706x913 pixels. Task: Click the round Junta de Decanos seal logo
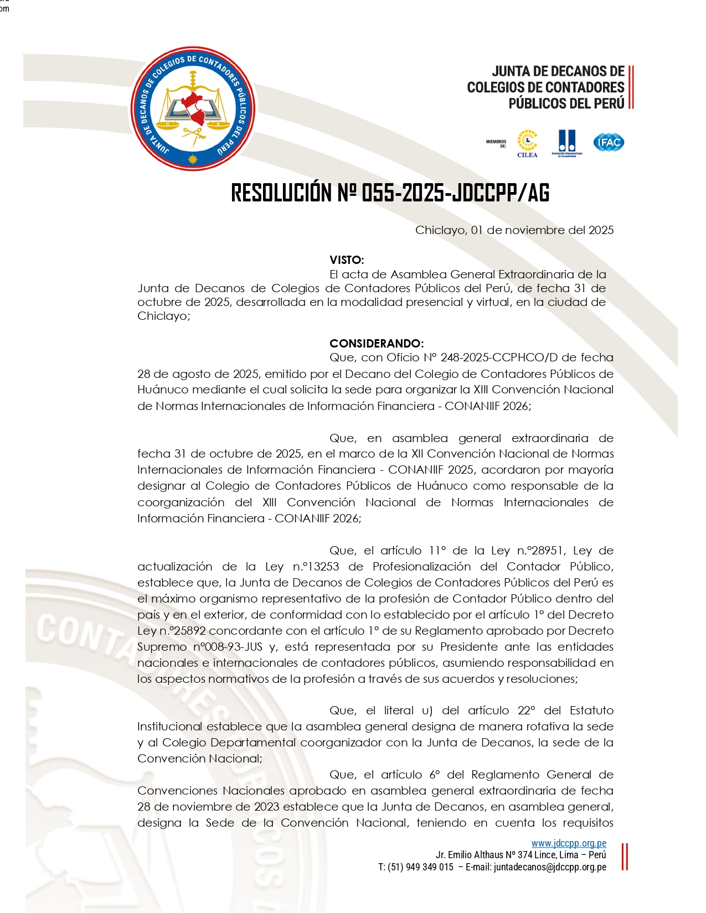193,108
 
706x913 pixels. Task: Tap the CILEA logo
527,143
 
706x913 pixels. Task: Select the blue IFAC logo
609,142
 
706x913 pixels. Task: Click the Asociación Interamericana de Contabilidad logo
567,143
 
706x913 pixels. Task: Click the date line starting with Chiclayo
514,230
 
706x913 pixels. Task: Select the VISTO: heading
347,260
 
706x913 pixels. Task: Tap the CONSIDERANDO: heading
377,344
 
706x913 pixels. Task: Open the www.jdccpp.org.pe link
569,843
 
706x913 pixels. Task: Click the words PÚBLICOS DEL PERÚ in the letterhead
566,103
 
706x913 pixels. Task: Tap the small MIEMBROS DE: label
496,144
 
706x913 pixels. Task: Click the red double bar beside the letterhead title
631,87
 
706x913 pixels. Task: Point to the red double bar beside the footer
625,856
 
